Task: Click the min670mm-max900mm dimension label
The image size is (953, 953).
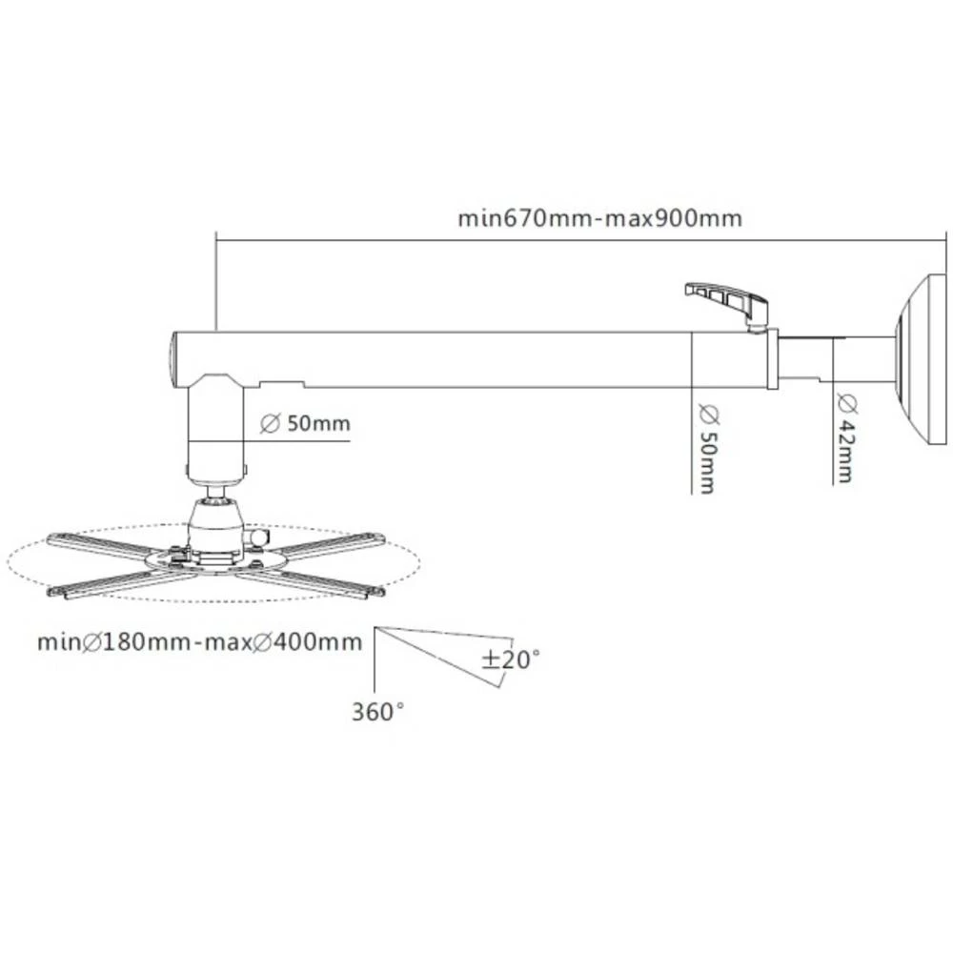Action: point(599,218)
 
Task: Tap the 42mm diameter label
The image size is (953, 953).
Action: point(844,438)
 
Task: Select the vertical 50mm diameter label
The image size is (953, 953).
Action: point(706,449)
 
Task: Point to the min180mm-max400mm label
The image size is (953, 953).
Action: point(199,641)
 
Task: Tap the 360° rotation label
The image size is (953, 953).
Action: point(378,712)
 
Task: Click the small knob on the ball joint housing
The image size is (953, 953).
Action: point(254,539)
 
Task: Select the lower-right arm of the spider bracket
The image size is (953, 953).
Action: point(314,582)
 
